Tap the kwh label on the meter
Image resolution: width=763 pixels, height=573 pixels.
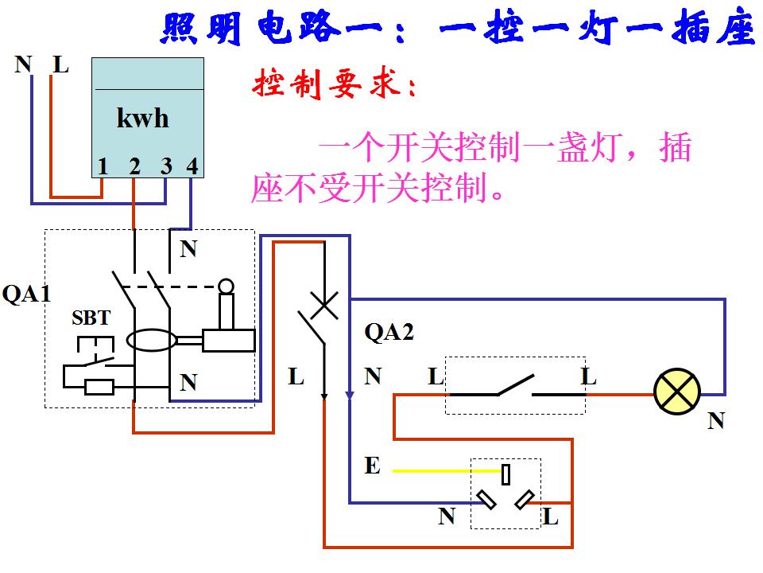pyautogui.click(x=143, y=119)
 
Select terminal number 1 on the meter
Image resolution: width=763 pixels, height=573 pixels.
pyautogui.click(x=103, y=166)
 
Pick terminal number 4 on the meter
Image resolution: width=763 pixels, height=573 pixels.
pyautogui.click(x=192, y=166)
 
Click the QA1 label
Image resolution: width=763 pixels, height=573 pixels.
pyautogui.click(x=26, y=294)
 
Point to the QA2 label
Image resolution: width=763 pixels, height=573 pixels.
pyautogui.click(x=389, y=332)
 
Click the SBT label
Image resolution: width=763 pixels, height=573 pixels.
pyautogui.click(x=91, y=318)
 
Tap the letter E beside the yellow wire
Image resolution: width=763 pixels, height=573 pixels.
pyautogui.click(x=372, y=466)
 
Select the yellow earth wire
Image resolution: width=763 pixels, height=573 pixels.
pyautogui.click(x=445, y=470)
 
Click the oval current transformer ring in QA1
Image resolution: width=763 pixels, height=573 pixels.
pyautogui.click(x=153, y=341)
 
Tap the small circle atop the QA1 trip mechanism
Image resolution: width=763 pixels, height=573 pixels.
pyautogui.click(x=227, y=285)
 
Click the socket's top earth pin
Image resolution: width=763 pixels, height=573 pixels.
pyautogui.click(x=505, y=475)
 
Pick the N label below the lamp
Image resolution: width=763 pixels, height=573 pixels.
pyautogui.click(x=716, y=421)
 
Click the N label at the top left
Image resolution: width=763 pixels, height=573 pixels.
pyautogui.click(x=23, y=64)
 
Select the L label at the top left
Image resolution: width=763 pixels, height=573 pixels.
pyautogui.click(x=60, y=64)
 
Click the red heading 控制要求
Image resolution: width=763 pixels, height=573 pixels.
pyautogui.click(x=334, y=85)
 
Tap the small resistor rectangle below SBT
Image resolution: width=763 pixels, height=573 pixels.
pyautogui.click(x=99, y=388)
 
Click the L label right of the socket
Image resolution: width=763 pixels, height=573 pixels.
pyautogui.click(x=551, y=517)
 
